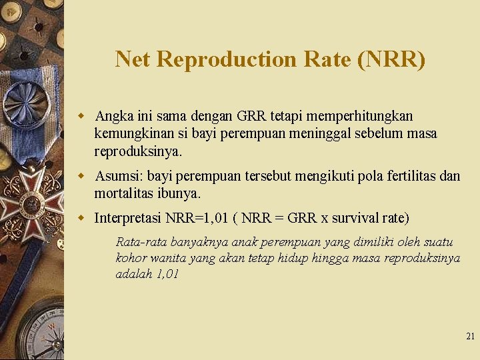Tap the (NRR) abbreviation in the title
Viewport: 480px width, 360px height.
point(391,59)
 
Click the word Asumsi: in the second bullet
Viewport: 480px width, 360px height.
point(119,176)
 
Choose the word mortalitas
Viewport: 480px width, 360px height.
point(123,194)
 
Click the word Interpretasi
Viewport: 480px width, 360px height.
point(128,218)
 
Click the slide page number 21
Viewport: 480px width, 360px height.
point(470,337)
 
